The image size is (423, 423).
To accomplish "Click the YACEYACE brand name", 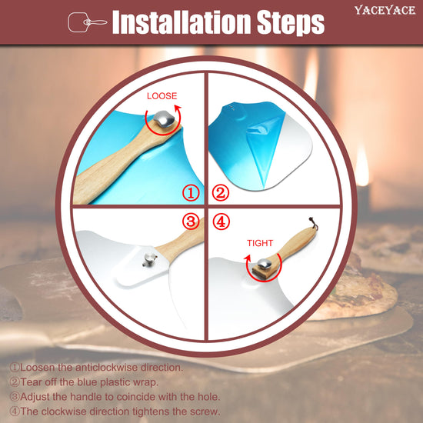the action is point(385,11).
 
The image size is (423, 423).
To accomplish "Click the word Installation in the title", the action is point(182,22).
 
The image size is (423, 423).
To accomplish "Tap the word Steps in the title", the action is point(290,23).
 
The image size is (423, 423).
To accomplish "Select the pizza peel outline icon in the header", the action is point(87,22).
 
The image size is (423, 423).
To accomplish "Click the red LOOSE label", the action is point(162,96).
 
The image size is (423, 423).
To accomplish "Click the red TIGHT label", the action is point(260,243).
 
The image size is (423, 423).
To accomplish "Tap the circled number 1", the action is point(191,193).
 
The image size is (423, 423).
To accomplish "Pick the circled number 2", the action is point(221,193).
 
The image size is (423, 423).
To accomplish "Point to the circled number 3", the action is point(191,221).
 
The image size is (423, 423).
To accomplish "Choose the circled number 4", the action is point(221,221).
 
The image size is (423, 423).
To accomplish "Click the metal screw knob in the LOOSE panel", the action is point(164,119).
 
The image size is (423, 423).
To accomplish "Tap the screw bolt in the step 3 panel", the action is point(149,259).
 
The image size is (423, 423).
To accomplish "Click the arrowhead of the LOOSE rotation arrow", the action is point(178,108).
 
